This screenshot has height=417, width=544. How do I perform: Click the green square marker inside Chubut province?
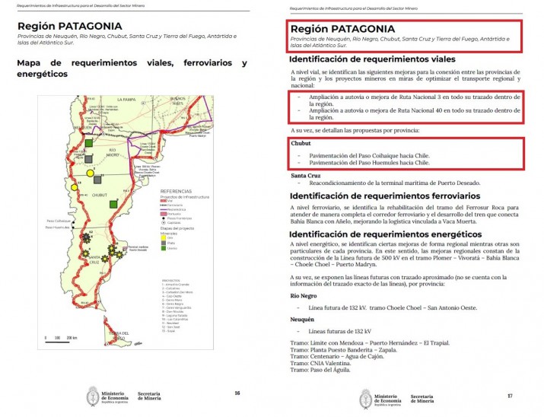[113, 202]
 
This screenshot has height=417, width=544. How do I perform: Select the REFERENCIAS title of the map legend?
[177, 191]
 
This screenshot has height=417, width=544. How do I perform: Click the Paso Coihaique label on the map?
[57, 221]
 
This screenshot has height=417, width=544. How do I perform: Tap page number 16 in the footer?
[237, 393]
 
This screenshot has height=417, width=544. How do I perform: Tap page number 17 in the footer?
[509, 396]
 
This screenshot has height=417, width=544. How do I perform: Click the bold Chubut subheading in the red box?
[301, 143]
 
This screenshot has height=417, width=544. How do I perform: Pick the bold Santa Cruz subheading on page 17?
[306, 176]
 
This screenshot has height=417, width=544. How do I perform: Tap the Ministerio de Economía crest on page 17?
[369, 397]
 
